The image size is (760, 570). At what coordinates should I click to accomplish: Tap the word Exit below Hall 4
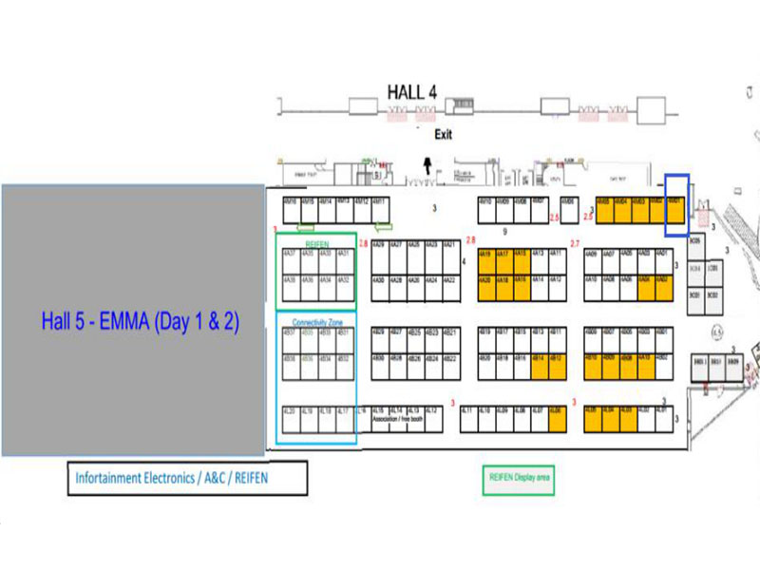click(x=443, y=135)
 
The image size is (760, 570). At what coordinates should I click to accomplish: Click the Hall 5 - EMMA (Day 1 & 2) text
click(x=140, y=321)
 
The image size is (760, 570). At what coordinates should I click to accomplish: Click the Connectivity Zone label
click(x=315, y=321)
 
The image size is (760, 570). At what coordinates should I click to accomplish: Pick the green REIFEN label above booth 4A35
click(x=315, y=243)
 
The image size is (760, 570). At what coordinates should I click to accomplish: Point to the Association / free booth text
click(x=398, y=417)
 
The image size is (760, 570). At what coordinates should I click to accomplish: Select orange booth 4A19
click(x=484, y=256)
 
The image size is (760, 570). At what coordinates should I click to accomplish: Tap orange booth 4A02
click(x=663, y=280)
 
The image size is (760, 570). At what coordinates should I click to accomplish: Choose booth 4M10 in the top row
click(x=485, y=202)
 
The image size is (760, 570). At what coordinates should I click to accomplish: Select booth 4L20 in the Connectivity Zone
click(x=290, y=410)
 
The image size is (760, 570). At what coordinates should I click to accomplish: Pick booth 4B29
click(x=378, y=332)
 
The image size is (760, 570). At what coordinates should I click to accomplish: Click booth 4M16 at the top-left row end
click(x=291, y=202)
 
